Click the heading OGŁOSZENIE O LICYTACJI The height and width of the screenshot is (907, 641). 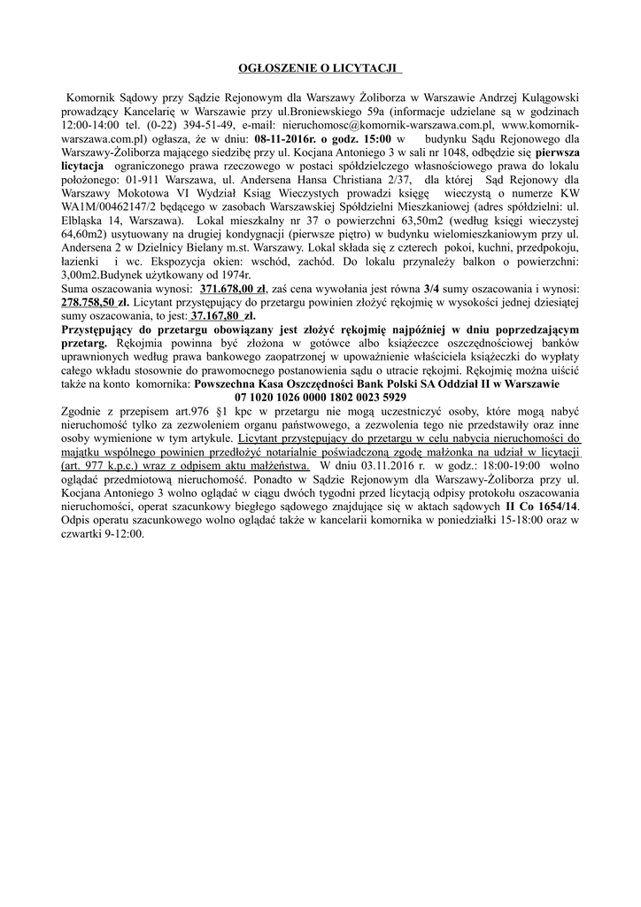[320, 68]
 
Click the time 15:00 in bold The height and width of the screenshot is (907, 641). [374, 139]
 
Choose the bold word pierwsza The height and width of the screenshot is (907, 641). [551, 152]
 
